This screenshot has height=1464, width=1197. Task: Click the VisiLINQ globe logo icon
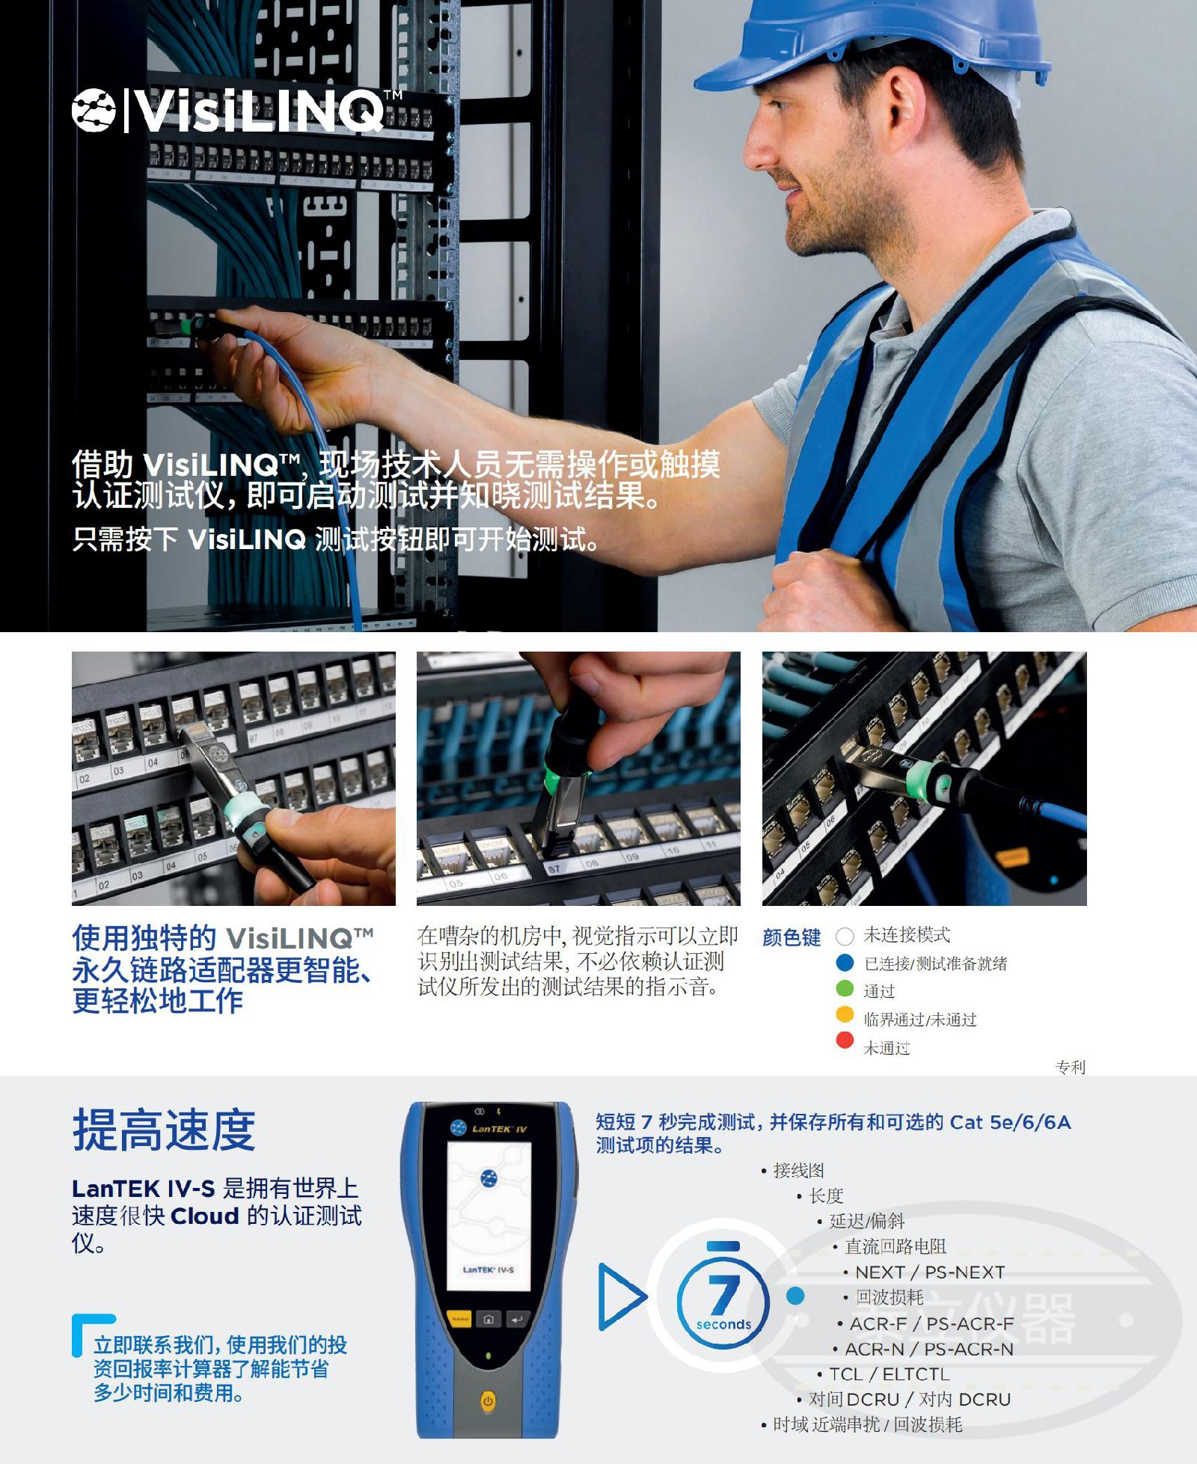[94, 110]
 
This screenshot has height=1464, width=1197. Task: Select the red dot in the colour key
[845, 1040]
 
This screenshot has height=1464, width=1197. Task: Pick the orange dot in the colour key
[845, 1014]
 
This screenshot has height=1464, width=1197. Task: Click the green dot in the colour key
[845, 988]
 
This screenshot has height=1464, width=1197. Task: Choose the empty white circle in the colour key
[845, 936]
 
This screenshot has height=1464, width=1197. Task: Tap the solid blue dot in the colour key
[845, 962]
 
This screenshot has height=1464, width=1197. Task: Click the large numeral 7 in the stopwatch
[723, 1294]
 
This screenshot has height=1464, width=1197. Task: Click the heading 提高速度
[164, 1130]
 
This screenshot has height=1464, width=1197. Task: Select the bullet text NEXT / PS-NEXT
[930, 1272]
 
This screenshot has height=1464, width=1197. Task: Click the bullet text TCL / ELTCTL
[890, 1374]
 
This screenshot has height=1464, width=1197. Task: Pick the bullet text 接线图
[798, 1170]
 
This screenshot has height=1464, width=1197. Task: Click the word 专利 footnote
[1071, 1067]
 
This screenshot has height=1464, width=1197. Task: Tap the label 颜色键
[792, 937]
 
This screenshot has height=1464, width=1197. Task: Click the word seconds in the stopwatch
[723, 1324]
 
